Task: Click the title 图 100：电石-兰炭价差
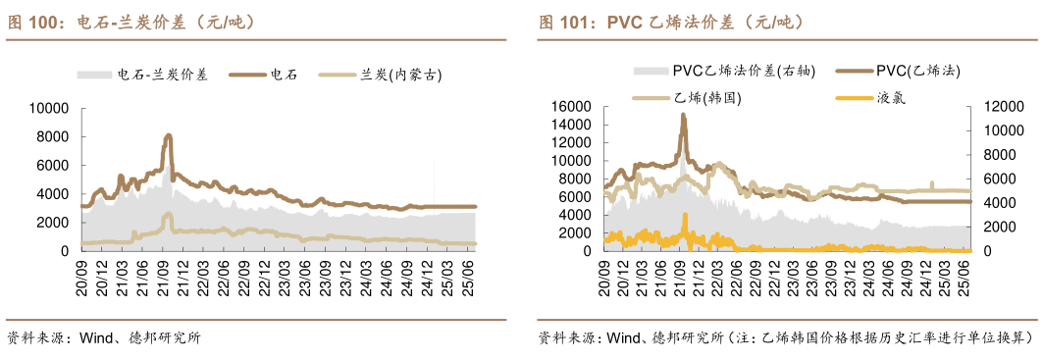pyautogui.click(x=132, y=21)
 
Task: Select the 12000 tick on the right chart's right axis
pyautogui.click(x=1000, y=106)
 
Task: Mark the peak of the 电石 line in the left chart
pyautogui.click(x=169, y=135)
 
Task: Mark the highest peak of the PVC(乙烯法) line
pyautogui.click(x=683, y=115)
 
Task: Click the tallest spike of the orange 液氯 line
pyautogui.click(x=685, y=215)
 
